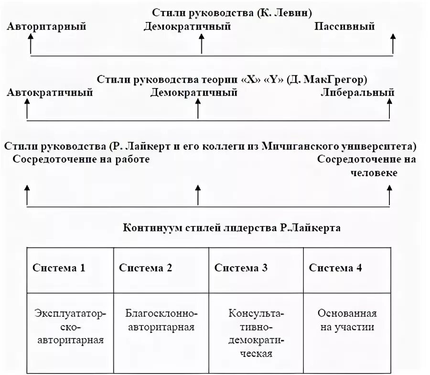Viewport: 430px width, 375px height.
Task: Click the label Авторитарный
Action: click(x=46, y=27)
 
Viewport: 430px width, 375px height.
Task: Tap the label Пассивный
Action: click(x=344, y=27)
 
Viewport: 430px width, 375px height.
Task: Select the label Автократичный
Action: click(x=50, y=93)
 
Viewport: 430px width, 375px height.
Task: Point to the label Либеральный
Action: click(x=358, y=93)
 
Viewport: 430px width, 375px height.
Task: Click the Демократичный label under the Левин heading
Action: click(x=187, y=27)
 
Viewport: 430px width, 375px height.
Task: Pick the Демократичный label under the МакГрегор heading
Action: click(x=193, y=93)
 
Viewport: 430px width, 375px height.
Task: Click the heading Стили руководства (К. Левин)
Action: click(x=229, y=13)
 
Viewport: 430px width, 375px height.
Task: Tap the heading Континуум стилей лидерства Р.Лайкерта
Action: click(x=232, y=228)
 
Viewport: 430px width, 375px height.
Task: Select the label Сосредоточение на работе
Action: click(x=81, y=159)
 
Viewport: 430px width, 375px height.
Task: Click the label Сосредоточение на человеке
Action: click(x=366, y=165)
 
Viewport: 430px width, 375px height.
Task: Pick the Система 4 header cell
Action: click(x=335, y=268)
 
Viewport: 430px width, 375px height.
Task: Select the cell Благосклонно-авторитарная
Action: click(x=161, y=320)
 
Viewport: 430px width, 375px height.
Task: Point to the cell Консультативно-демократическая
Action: click(x=256, y=334)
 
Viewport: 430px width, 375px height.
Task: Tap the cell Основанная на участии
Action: click(x=347, y=320)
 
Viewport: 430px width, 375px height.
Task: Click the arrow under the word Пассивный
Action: click(x=393, y=44)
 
